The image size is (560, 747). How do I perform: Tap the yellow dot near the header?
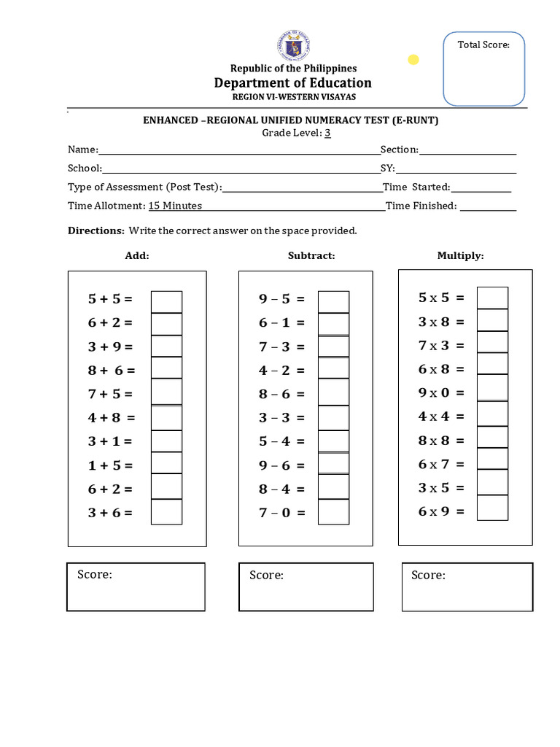coord(413,60)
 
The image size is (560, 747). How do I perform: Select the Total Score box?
coord(483,69)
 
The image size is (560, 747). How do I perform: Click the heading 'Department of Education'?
coord(292,82)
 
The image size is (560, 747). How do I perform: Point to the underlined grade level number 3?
coord(328,133)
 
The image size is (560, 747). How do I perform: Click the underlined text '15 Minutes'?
coord(175,206)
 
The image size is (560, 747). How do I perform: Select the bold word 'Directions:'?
coord(96,231)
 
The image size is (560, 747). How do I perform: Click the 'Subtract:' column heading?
coord(311,255)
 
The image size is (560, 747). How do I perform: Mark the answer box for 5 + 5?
coord(166,301)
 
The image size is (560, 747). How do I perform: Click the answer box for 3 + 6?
coord(166,512)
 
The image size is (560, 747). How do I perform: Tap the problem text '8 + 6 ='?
coord(112,370)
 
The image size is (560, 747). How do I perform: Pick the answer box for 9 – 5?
coord(333,301)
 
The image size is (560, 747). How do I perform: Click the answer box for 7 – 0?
coord(333,512)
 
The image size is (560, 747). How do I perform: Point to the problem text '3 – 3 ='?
coord(281,418)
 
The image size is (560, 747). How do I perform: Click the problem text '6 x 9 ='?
coord(441,511)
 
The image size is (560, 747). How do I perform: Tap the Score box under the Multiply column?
coord(467,587)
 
